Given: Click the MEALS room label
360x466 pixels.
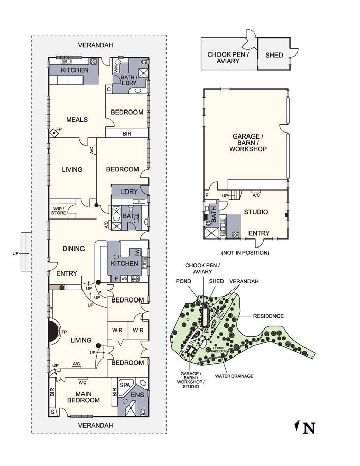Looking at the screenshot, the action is [x=77, y=120].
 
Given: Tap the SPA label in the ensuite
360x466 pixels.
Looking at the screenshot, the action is [x=125, y=385].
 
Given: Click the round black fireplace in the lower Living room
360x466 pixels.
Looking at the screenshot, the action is [x=54, y=331].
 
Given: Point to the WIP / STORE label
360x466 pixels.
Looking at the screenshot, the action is [x=59, y=211].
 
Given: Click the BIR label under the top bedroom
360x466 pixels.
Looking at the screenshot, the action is [x=127, y=134].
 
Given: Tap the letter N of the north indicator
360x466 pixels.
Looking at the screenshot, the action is [x=309, y=428].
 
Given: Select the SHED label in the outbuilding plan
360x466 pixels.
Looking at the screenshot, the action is [x=274, y=55].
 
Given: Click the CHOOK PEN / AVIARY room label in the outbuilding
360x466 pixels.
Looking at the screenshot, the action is [x=228, y=58].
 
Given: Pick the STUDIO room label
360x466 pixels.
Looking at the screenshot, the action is [x=256, y=212].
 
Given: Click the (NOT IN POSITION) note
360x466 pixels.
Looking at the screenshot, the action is [x=245, y=253].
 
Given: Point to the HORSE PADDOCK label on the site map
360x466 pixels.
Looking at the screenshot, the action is [x=218, y=349].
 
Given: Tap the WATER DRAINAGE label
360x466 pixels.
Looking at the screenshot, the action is [x=234, y=376].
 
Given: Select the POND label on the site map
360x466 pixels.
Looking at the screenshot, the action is [x=183, y=281].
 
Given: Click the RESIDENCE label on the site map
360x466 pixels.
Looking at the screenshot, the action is [x=268, y=316].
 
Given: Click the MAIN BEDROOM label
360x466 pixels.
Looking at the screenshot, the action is [x=84, y=397].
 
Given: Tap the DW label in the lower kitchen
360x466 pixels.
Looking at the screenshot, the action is [x=137, y=253].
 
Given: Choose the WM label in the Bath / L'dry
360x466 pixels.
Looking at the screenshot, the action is [x=116, y=69].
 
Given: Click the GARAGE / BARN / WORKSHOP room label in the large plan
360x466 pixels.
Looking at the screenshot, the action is [x=248, y=143].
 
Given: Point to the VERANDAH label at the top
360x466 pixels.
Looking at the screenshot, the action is [x=96, y=45].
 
